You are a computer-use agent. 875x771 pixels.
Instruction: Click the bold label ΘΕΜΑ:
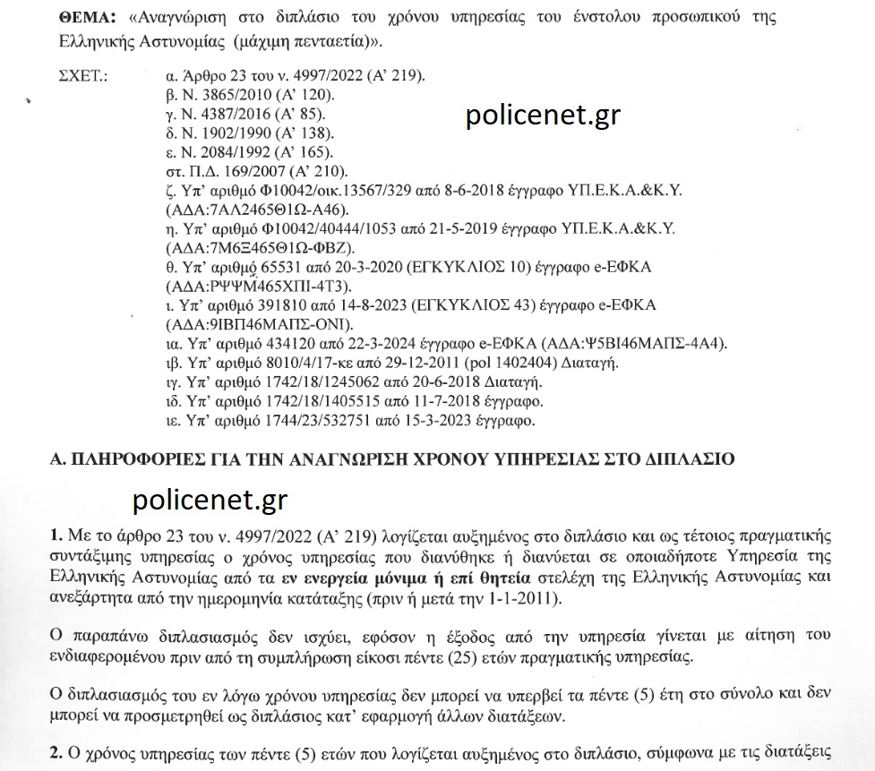coord(89,18)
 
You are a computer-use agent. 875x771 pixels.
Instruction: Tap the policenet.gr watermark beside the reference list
coord(543,117)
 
